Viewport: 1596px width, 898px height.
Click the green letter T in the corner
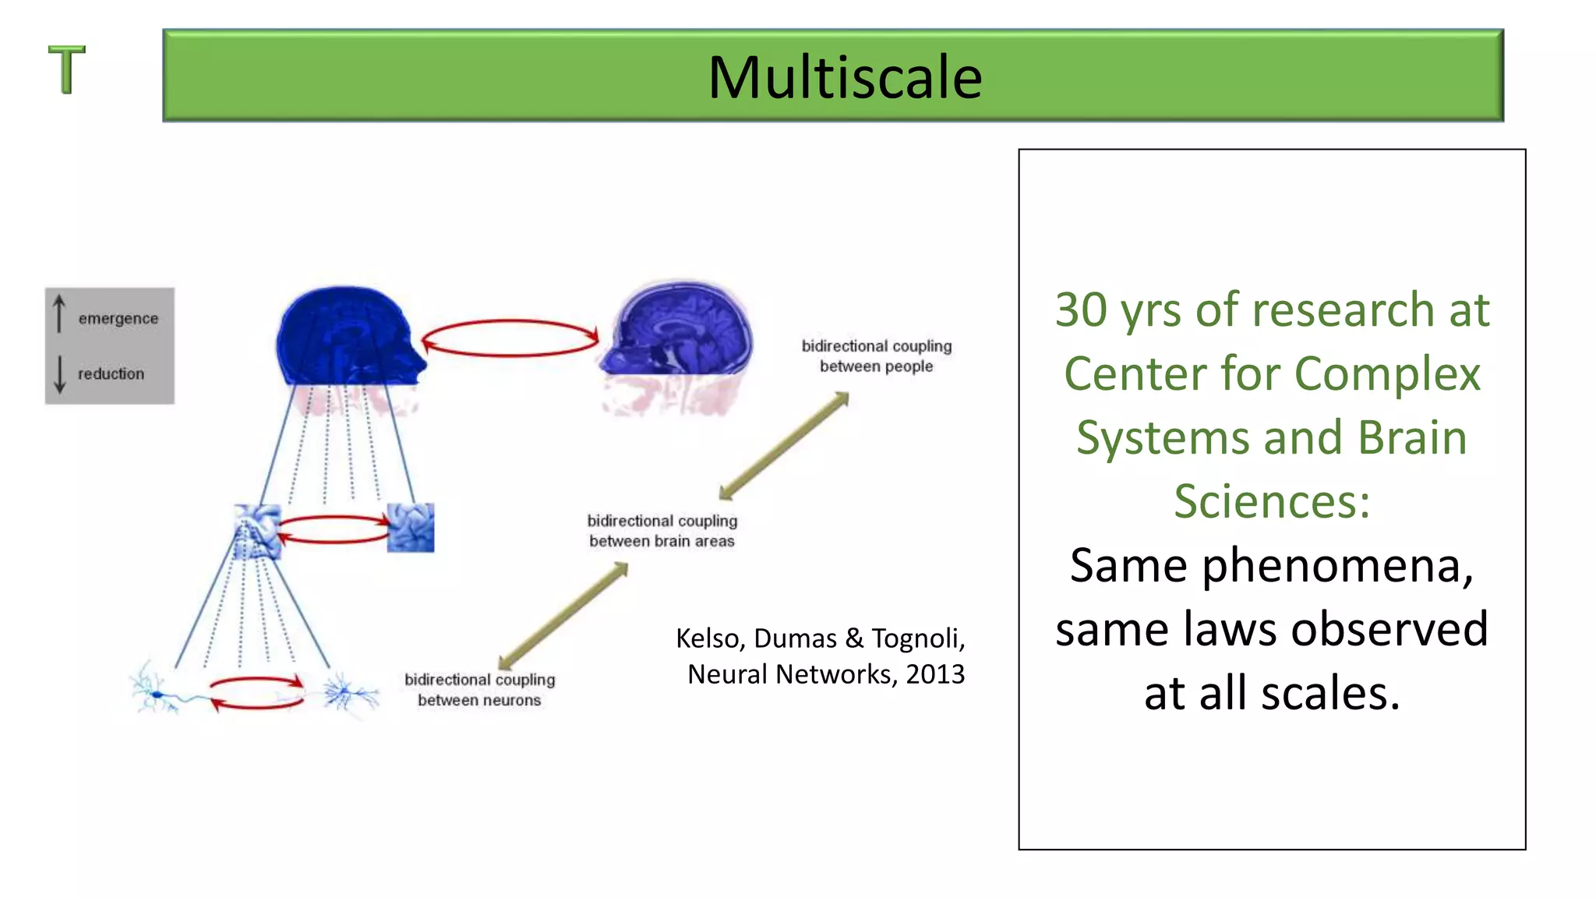pyautogui.click(x=67, y=69)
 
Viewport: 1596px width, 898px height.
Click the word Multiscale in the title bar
pyautogui.click(x=845, y=77)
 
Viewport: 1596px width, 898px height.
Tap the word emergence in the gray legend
pyautogui.click(x=118, y=319)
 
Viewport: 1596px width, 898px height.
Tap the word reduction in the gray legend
pyautogui.click(x=111, y=374)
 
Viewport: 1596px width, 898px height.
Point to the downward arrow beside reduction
pyautogui.click(x=59, y=374)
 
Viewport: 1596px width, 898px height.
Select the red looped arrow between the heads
pyautogui.click(x=510, y=338)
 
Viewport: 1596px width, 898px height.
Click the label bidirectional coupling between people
pyautogui.click(x=876, y=356)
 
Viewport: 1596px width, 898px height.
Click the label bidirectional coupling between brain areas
pyautogui.click(x=662, y=531)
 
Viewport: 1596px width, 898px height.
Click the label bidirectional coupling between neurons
pyautogui.click(x=479, y=690)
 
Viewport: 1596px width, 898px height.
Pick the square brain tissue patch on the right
pyautogui.click(x=411, y=528)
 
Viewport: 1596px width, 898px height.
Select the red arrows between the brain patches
pyautogui.click(x=334, y=529)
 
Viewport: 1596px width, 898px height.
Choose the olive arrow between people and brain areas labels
pyautogui.click(x=784, y=446)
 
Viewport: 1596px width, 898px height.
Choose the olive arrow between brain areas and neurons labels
pyautogui.click(x=563, y=615)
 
